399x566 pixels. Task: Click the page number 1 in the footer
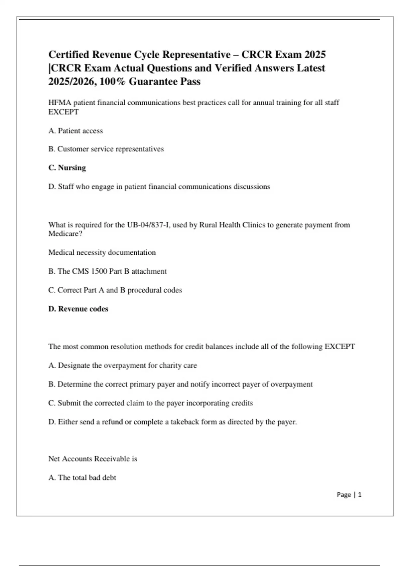[x=360, y=495]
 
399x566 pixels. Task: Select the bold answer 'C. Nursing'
[x=67, y=168]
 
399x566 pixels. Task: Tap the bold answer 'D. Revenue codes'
[x=78, y=309]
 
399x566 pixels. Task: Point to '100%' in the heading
[x=113, y=82]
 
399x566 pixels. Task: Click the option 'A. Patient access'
[x=75, y=131]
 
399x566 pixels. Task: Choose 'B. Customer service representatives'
[x=106, y=149]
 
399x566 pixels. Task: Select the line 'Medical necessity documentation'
[x=102, y=253]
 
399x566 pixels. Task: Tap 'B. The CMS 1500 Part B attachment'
[x=107, y=271]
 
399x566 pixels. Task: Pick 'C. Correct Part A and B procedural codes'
[x=115, y=290]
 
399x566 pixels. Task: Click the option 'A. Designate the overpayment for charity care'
[x=123, y=366]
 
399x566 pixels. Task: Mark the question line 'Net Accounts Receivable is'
[x=93, y=459]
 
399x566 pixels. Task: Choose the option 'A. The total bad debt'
[x=82, y=478]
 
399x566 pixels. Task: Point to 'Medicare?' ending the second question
[x=66, y=234]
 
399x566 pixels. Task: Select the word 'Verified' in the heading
[x=233, y=68]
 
